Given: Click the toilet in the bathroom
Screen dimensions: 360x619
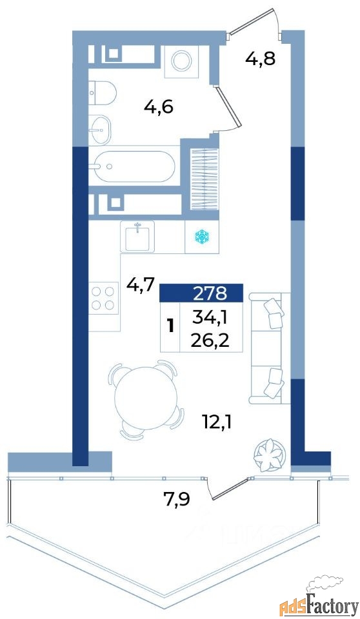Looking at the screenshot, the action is (x=102, y=93).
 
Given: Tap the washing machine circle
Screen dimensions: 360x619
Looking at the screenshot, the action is (x=181, y=61).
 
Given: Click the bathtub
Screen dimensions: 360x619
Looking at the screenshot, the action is (x=132, y=166).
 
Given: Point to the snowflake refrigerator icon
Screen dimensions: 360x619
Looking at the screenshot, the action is (x=201, y=237).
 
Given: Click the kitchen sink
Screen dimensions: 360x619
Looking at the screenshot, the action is (x=137, y=237).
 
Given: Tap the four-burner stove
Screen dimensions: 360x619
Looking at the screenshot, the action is (x=103, y=299).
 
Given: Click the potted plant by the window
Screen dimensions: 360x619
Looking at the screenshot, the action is (x=270, y=455).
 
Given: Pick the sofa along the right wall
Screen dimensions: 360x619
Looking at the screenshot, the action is (x=270, y=348).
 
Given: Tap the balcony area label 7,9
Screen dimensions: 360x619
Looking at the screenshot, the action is (x=176, y=498).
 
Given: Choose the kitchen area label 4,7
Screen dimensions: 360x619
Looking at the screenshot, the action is (x=139, y=284).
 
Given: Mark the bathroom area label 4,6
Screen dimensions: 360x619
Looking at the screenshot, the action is (x=159, y=107).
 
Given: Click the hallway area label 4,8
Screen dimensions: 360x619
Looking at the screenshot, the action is (x=260, y=59).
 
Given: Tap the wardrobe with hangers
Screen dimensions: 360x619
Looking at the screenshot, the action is (x=205, y=179).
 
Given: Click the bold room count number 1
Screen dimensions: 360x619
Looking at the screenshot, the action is (x=171, y=327).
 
